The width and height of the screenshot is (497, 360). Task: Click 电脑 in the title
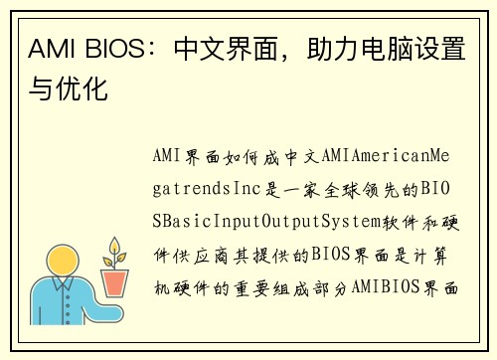[387, 51]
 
